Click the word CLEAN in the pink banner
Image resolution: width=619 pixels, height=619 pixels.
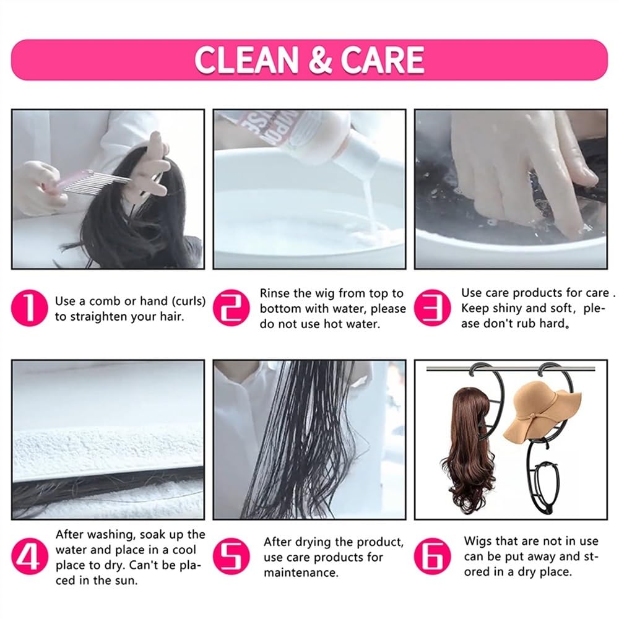pos(246,60)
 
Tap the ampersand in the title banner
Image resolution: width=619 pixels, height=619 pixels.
pos(320,60)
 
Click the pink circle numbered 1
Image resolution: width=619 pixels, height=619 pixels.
pos(30,308)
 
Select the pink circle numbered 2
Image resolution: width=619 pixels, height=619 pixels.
pos(231,308)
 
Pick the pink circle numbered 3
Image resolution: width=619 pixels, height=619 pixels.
pos(432,308)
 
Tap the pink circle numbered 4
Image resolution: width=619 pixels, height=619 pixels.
pos(30,556)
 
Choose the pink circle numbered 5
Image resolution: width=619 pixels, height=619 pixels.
pos(231,556)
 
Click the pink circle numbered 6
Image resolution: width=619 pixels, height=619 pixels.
pos(432,556)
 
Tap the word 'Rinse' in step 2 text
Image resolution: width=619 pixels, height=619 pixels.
pos(275,293)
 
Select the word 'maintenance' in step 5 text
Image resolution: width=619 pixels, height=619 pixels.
pos(301,573)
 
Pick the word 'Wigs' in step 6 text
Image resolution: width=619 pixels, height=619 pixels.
pos(478,541)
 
